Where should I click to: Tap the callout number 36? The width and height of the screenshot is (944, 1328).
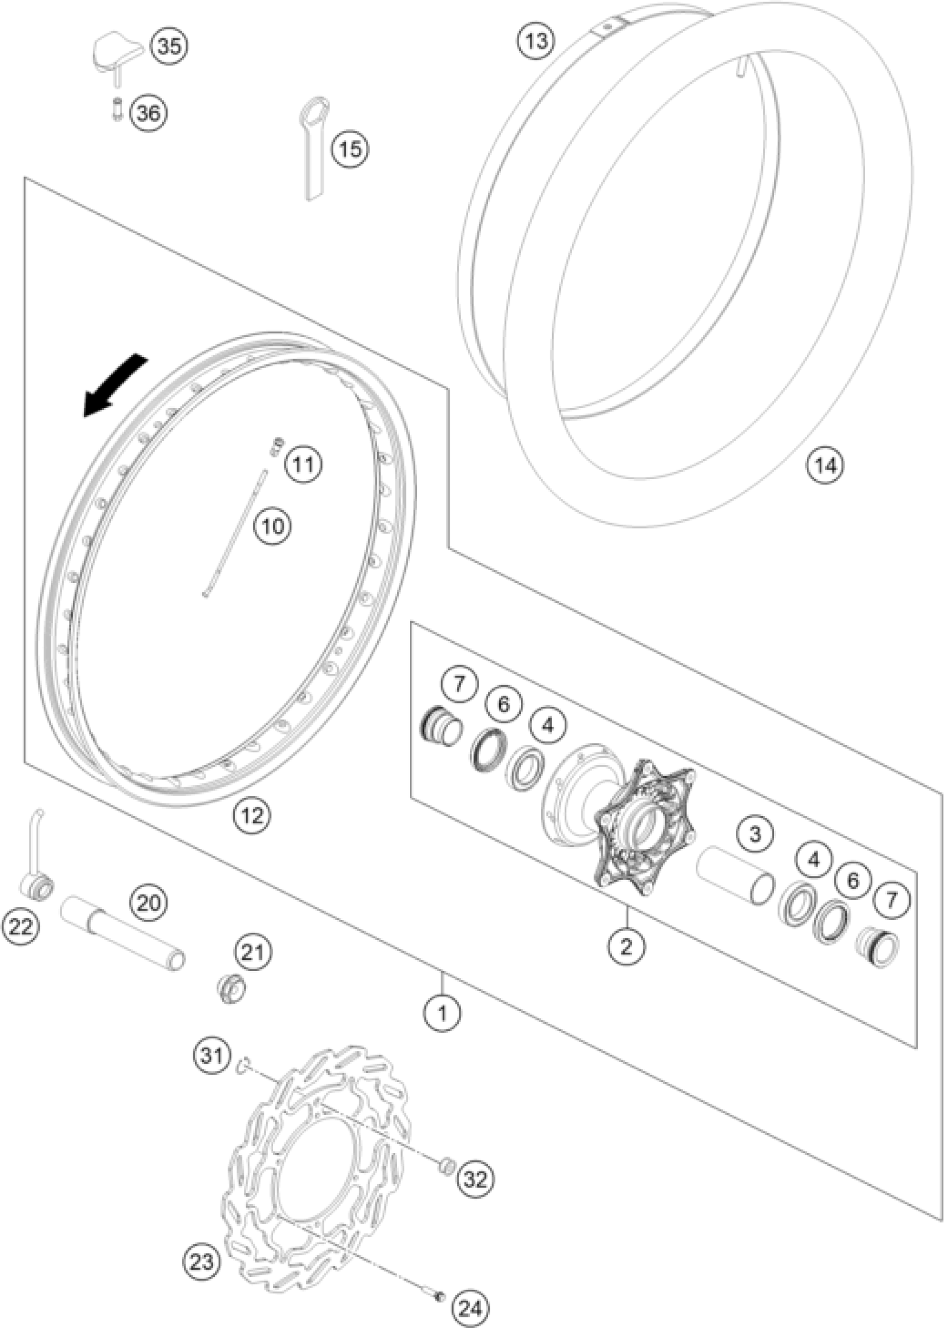pos(148,112)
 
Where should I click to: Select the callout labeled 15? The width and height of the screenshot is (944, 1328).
pos(350,149)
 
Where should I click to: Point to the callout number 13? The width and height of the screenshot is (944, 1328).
pos(536,41)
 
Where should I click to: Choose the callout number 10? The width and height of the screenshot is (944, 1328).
pos(273,526)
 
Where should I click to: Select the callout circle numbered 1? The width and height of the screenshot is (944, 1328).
pos(443,1014)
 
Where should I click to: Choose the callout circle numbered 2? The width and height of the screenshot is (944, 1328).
pos(625,947)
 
